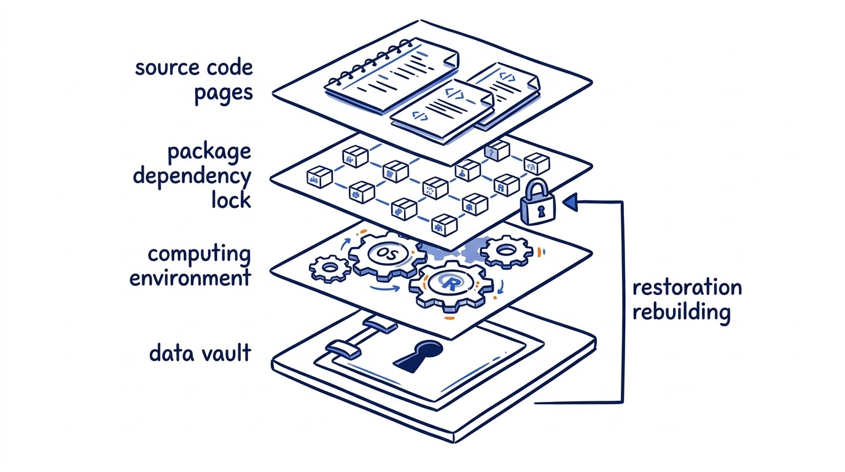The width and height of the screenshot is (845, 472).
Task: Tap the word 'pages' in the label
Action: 224,93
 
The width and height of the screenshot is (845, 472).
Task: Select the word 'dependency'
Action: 192,177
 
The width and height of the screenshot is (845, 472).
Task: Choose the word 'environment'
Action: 190,278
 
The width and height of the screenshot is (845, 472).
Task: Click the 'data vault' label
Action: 200,353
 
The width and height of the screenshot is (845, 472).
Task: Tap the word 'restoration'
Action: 687,288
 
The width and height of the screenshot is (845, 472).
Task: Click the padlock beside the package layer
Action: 537,203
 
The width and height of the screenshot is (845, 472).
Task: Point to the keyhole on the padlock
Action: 541,211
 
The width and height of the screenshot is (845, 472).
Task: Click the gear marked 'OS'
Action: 387,254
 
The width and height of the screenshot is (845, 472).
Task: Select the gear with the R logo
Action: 451,286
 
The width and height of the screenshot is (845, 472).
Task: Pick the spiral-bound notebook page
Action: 392,76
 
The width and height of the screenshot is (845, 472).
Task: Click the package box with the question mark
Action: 497,151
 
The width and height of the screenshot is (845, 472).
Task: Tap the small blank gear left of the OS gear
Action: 330,269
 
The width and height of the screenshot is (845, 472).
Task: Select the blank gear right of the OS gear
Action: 506,251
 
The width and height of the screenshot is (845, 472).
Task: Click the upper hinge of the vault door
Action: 380,325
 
